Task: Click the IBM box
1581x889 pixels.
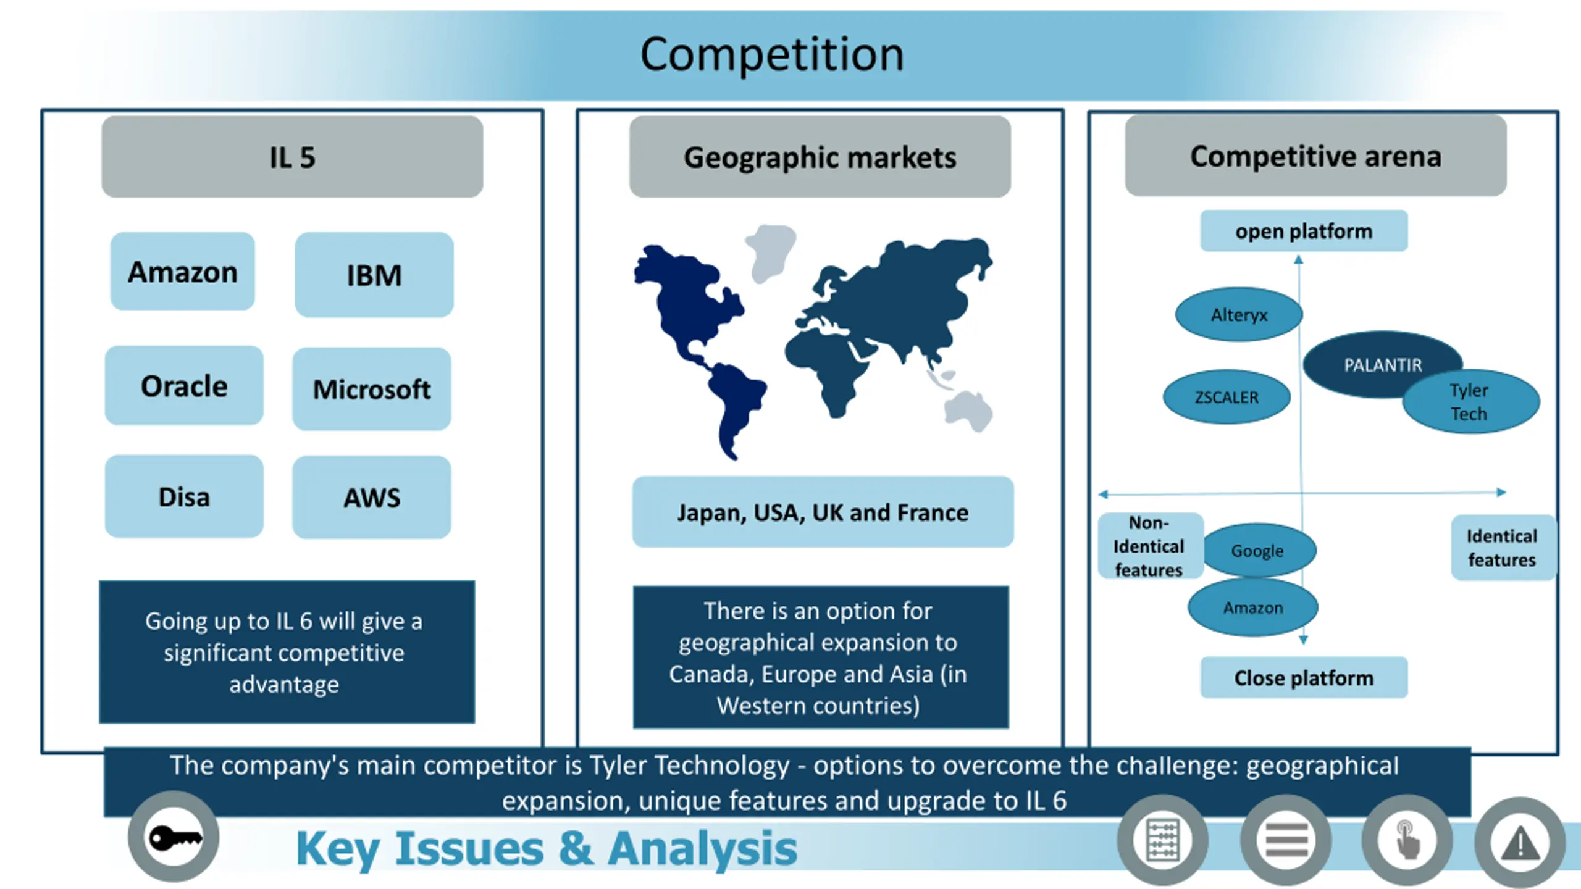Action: pyautogui.click(x=374, y=275)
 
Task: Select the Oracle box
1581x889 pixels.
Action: pyautogui.click(x=184, y=386)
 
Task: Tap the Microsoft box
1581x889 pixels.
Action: pyautogui.click(x=372, y=389)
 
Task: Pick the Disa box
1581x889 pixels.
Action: pyautogui.click(x=184, y=496)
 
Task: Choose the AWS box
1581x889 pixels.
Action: pyautogui.click(x=372, y=498)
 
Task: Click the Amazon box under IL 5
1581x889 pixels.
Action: pyautogui.click(x=182, y=272)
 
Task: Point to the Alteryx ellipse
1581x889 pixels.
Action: pyautogui.click(x=1238, y=315)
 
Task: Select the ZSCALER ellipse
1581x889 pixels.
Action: pyautogui.click(x=1227, y=397)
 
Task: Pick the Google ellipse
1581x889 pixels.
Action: pyautogui.click(x=1257, y=550)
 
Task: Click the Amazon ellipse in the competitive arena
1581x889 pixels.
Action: pyautogui.click(x=1253, y=608)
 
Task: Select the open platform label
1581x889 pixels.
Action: pyautogui.click(x=1304, y=231)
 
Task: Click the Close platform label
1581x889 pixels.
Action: pyautogui.click(x=1304, y=678)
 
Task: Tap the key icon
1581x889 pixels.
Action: pyautogui.click(x=174, y=838)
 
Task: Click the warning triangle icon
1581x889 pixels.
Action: pyautogui.click(x=1520, y=843)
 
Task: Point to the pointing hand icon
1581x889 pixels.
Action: pyautogui.click(x=1407, y=841)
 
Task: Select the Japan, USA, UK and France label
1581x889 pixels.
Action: pyautogui.click(x=823, y=512)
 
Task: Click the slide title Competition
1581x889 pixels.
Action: pyautogui.click(x=772, y=54)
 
